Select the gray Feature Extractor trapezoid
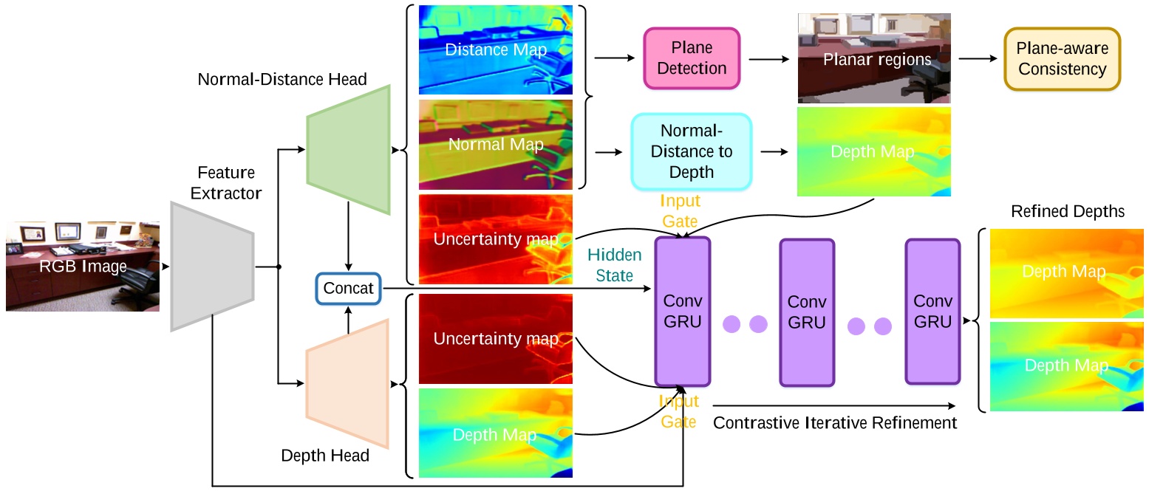212,266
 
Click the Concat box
348,288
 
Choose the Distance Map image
495,50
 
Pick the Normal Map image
495,145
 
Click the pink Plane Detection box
692,58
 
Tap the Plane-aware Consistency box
1061,60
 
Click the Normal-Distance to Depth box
691,152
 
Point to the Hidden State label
615,265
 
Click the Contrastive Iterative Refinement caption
835,423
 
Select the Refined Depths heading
1067,212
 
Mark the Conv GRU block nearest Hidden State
682,312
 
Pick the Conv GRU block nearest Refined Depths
933,312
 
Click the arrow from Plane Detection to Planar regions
768,58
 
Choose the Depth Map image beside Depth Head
495,434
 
